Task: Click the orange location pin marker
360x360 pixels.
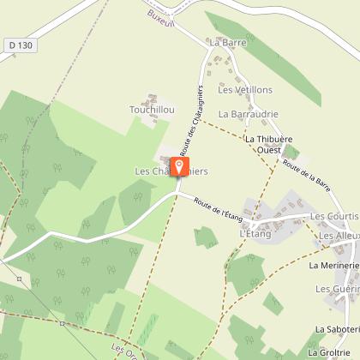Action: pyautogui.click(x=179, y=166)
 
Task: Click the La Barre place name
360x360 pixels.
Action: pyautogui.click(x=226, y=41)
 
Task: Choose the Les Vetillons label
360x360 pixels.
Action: pyautogui.click(x=244, y=89)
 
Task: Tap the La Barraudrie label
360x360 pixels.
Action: pyautogui.click(x=249, y=113)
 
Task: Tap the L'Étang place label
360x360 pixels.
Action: pyautogui.click(x=255, y=233)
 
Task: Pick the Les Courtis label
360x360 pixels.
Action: pyautogui.click(x=333, y=217)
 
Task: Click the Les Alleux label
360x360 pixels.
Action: pyautogui.click(x=339, y=235)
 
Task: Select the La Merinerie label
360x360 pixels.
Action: pyautogui.click(x=334, y=267)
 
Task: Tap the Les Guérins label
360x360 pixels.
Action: pyautogui.click(x=337, y=290)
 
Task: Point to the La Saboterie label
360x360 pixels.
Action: pyautogui.click(x=337, y=329)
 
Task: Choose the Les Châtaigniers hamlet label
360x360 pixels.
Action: pyautogui.click(x=171, y=171)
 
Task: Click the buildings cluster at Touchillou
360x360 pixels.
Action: pyautogui.click(x=152, y=95)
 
